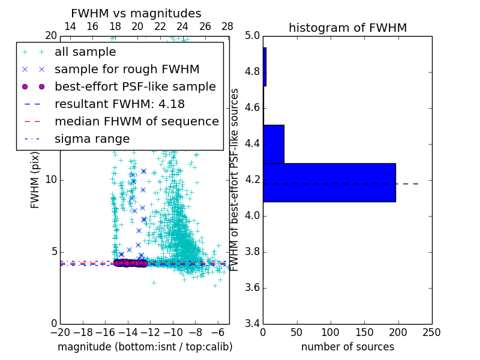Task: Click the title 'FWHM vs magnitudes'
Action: coord(136,14)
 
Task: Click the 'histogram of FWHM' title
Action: coord(347,28)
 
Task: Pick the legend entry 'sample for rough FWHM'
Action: coord(127,69)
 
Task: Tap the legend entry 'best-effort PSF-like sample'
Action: coord(135,86)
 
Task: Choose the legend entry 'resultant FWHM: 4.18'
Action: coord(119,104)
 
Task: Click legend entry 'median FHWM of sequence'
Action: coord(136,121)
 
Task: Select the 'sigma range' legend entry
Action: coord(92,139)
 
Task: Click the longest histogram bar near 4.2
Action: coord(329,182)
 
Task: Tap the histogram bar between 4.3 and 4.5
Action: coord(274,144)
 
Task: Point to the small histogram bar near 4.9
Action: coord(265,67)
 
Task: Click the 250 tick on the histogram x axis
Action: coord(431,331)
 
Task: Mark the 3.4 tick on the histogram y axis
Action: coord(253,323)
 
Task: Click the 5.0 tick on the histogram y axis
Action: coord(253,36)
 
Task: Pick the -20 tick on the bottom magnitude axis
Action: coord(60,332)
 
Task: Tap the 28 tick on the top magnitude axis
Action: coord(227,27)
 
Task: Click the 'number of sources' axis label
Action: coord(347,347)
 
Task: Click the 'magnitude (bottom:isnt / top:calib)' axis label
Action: coord(145,347)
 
